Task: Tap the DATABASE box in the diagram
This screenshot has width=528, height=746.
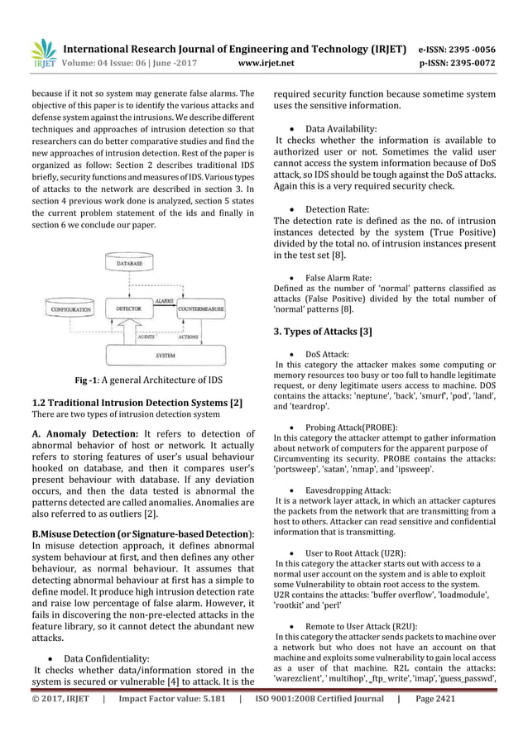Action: pyautogui.click(x=127, y=263)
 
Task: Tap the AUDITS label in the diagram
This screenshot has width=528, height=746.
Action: pyautogui.click(x=146, y=337)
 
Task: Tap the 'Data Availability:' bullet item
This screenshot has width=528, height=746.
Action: pyautogui.click(x=341, y=130)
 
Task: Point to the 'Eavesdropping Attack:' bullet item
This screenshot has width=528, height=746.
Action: pyautogui.click(x=348, y=490)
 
